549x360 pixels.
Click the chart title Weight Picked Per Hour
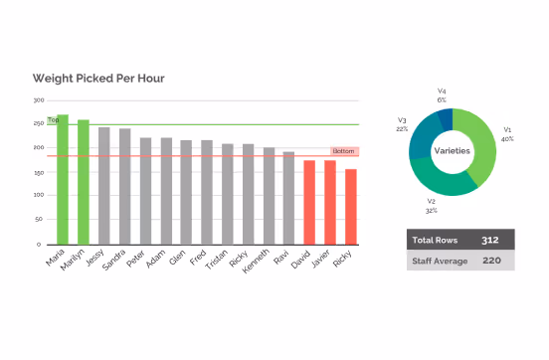98,78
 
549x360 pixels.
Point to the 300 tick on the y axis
38,100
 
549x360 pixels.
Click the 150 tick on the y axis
38,172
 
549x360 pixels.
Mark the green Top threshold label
55,119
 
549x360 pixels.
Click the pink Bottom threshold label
344,151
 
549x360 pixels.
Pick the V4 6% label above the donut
442,94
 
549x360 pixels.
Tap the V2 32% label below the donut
432,206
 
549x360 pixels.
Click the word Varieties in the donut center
453,150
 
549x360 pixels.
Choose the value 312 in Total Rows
489,240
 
